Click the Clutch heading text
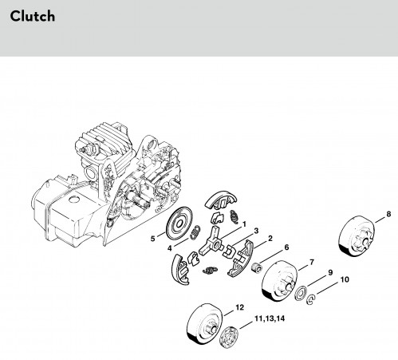click(33, 16)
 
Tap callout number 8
click(388, 214)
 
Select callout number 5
click(152, 239)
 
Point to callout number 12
click(239, 307)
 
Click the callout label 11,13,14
click(270, 318)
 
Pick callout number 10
click(345, 279)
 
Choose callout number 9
click(330, 272)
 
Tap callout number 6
click(286, 247)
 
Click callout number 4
click(170, 248)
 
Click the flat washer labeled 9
click(301, 293)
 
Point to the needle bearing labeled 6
click(257, 267)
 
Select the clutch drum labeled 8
click(357, 236)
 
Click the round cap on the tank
click(74, 199)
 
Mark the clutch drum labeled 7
click(280, 280)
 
